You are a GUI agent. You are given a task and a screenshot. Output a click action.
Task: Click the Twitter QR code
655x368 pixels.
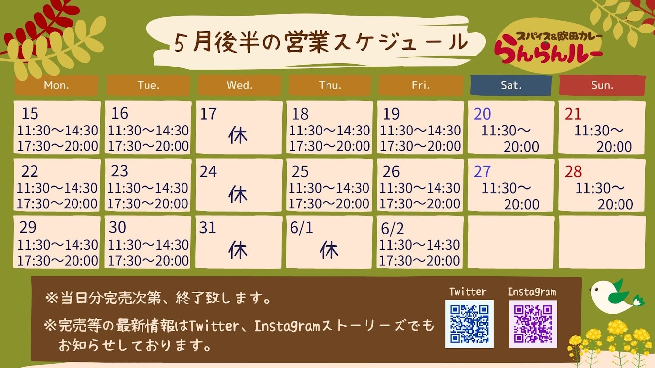point(470,324)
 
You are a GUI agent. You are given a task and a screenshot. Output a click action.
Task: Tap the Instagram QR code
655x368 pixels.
point(533,324)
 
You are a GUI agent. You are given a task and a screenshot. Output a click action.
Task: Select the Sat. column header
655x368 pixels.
point(511,85)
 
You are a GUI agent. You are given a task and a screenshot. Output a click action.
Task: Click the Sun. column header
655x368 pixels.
point(602,85)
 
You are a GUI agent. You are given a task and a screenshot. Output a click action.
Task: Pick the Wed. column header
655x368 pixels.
point(239,85)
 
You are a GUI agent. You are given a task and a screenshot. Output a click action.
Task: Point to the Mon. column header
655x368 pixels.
point(56,85)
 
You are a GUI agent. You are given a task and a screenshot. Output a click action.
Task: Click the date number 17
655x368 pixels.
point(208,114)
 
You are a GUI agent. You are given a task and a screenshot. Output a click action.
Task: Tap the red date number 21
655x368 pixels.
point(573,114)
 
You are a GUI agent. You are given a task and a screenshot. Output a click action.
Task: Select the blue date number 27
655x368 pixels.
point(482,171)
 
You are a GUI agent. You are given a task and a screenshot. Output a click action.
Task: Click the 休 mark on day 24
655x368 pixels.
point(238,194)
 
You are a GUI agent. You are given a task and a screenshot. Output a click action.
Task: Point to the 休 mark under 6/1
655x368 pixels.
point(329,250)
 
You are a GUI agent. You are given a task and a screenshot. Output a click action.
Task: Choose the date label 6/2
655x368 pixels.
point(392,229)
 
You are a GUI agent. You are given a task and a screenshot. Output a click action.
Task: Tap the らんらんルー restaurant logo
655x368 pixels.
point(548,47)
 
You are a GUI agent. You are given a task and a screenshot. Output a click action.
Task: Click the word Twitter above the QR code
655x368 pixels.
point(468,292)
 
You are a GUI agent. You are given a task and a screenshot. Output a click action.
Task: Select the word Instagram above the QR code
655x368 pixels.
point(532,292)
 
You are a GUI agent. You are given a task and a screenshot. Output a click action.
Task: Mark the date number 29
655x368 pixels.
point(28,227)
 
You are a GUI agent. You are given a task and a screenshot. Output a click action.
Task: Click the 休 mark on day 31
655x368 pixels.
point(238,250)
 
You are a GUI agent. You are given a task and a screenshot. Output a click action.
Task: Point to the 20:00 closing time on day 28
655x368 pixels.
point(615,204)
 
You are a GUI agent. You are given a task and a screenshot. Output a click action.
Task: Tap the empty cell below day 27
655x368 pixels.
point(510,242)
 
